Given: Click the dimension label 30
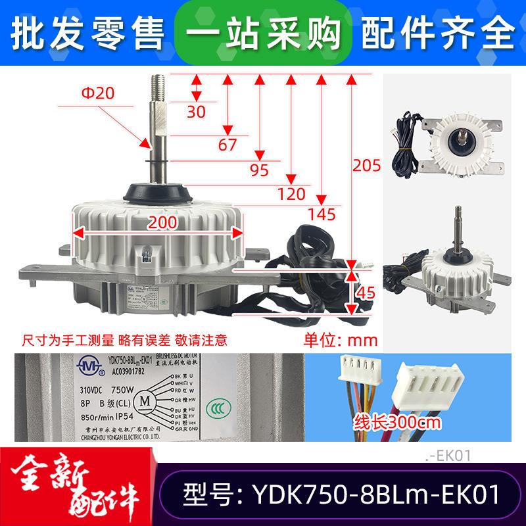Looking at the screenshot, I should pos(197,111).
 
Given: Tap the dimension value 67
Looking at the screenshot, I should pos(227,145).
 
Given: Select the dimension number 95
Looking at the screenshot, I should pos(260,170).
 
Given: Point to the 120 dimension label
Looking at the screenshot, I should pos(291,193).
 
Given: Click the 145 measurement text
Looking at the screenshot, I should pos(322,213).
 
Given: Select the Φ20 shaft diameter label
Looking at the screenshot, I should pos(98,93).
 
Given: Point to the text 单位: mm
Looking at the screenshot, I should pos(339,341).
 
